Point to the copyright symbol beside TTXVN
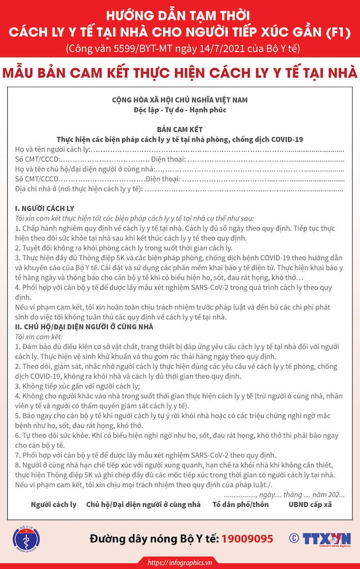point(294,538)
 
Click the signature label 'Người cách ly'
point(54,505)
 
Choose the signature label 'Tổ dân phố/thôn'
point(241,505)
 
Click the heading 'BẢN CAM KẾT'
point(180,128)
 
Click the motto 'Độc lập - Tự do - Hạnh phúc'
point(180,111)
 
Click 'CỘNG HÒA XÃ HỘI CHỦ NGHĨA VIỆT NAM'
point(180,101)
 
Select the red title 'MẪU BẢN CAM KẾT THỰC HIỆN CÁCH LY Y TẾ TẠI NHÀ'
point(180,73)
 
